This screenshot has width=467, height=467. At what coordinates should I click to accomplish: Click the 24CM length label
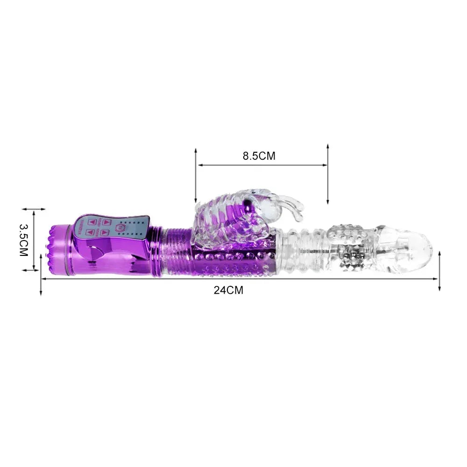pyautogui.click(x=228, y=290)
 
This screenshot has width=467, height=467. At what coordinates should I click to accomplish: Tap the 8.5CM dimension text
pyautogui.click(x=259, y=156)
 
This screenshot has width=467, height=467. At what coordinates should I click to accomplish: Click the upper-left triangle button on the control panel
pyautogui.click(x=92, y=222)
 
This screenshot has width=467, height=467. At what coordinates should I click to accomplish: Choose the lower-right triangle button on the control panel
pyautogui.click(x=105, y=232)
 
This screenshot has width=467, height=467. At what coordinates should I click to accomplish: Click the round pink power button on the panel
pyautogui.click(x=123, y=227)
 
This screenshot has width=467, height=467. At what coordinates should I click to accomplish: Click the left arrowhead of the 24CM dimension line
pyautogui.click(x=44, y=279)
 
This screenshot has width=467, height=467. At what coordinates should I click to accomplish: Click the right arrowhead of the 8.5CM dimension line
pyautogui.click(x=325, y=165)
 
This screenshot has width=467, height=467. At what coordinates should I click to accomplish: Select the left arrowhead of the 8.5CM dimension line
pyautogui.click(x=199, y=165)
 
